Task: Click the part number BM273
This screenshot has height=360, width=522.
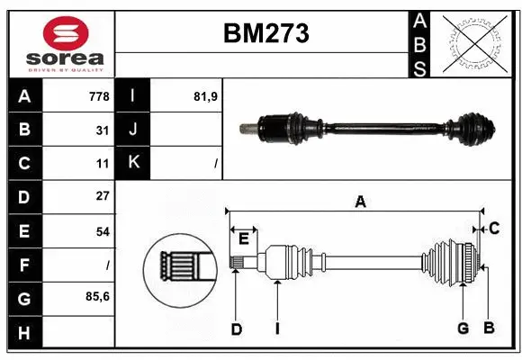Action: coord(265,34)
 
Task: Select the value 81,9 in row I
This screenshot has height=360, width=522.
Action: coord(206,96)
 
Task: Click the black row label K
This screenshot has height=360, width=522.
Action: coord(133,163)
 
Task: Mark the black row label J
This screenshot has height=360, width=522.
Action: coord(133,130)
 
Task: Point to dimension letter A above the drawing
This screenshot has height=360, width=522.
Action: coord(360,202)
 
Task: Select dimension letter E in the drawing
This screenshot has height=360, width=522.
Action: coord(243,238)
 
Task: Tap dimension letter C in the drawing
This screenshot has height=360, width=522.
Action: coord(494,229)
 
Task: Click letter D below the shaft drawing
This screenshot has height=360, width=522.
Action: coord(236,328)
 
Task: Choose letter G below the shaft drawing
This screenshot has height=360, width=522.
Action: coord(463,328)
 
